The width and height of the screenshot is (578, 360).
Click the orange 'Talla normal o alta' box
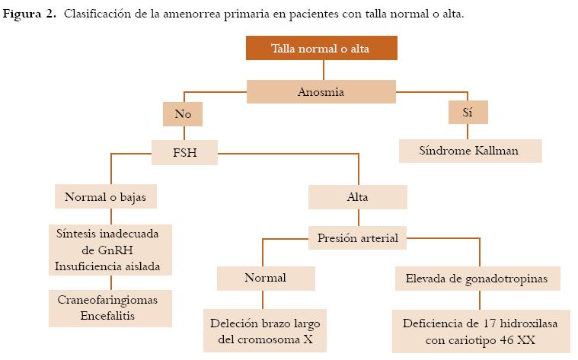click(321, 49)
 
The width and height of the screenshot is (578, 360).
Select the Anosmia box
click(321, 92)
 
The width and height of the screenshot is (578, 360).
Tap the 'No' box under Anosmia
click(183, 115)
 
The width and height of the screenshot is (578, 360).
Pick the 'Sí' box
click(468, 113)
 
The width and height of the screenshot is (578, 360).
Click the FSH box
click(185, 152)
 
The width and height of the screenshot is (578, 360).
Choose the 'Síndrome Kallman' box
click(469, 151)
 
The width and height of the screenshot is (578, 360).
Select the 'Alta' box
click(357, 197)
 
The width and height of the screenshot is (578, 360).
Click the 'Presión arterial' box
click(357, 237)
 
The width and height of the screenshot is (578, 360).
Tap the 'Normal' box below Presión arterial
click(265, 279)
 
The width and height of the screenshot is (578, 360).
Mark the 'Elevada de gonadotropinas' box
click(477, 279)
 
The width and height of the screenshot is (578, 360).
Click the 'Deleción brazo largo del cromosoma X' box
click(265, 330)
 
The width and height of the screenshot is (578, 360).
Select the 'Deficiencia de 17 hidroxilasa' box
click(479, 330)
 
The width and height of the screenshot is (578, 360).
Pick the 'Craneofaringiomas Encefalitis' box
click(107, 307)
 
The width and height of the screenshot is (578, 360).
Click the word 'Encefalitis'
click(107, 315)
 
